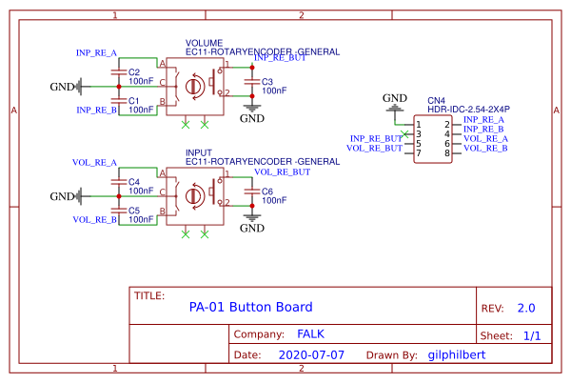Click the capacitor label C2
[x=134, y=72]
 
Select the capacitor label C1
[x=134, y=100]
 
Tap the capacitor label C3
[x=267, y=82]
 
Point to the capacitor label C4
[x=134, y=181]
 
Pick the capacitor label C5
[x=134, y=210]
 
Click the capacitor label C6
[x=267, y=191]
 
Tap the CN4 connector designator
[x=436, y=100]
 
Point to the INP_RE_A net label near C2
[x=96, y=52]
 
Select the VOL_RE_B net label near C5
[x=94, y=220]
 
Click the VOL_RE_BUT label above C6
[x=281, y=172]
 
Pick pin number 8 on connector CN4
[x=447, y=153]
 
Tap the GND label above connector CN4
[x=394, y=98]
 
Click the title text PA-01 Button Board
[x=250, y=307]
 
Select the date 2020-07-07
[x=311, y=354]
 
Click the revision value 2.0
[x=526, y=309]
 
